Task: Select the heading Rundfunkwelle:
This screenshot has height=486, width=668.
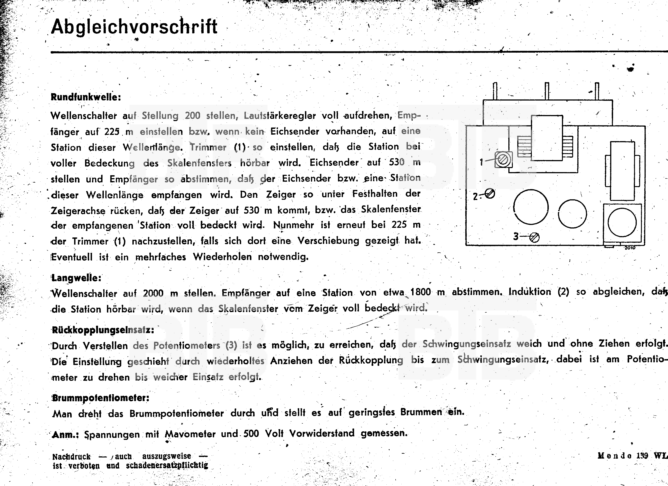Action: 86,97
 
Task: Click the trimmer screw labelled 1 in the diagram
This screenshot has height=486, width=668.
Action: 503,160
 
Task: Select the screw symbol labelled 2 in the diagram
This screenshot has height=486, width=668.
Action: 490,194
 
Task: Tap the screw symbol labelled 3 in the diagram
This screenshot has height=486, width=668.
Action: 534,237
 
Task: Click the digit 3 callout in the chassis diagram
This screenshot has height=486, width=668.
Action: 516,236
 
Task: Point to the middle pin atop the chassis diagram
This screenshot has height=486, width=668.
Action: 547,91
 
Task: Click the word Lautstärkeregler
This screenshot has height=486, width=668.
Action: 280,116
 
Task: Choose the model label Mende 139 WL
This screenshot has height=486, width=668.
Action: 632,456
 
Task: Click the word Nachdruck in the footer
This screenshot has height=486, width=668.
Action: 71,457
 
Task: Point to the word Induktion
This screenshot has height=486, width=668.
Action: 530,292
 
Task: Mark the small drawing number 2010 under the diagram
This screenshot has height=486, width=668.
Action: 630,248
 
